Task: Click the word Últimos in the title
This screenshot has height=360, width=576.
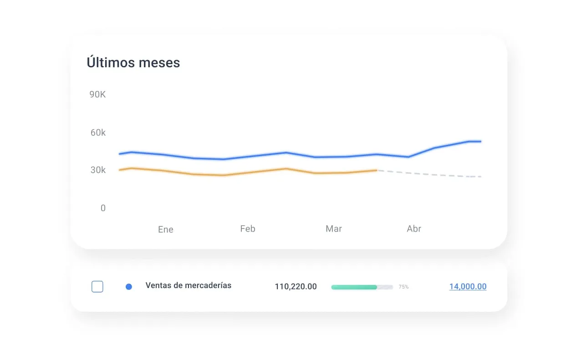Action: (108, 62)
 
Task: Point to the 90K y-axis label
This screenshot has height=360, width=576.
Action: (97, 95)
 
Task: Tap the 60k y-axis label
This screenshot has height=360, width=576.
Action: (98, 132)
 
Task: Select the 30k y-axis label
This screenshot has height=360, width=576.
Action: (98, 170)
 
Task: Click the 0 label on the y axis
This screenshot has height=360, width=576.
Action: (103, 208)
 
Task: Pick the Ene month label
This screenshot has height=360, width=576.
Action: (166, 229)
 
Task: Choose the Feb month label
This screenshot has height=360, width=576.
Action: (248, 228)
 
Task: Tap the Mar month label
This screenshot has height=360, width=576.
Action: (334, 228)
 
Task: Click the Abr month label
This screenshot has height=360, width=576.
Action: (414, 228)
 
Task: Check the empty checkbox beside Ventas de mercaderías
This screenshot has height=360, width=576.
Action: (97, 287)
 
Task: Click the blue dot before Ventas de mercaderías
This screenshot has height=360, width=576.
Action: (129, 287)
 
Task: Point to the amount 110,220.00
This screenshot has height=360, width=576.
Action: (296, 287)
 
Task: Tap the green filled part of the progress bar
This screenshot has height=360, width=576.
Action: (354, 287)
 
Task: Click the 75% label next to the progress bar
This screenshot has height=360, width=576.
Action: (404, 287)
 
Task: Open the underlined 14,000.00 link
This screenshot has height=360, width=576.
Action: (468, 287)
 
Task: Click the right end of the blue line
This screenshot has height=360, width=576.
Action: (480, 142)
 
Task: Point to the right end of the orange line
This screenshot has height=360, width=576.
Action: (376, 170)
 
